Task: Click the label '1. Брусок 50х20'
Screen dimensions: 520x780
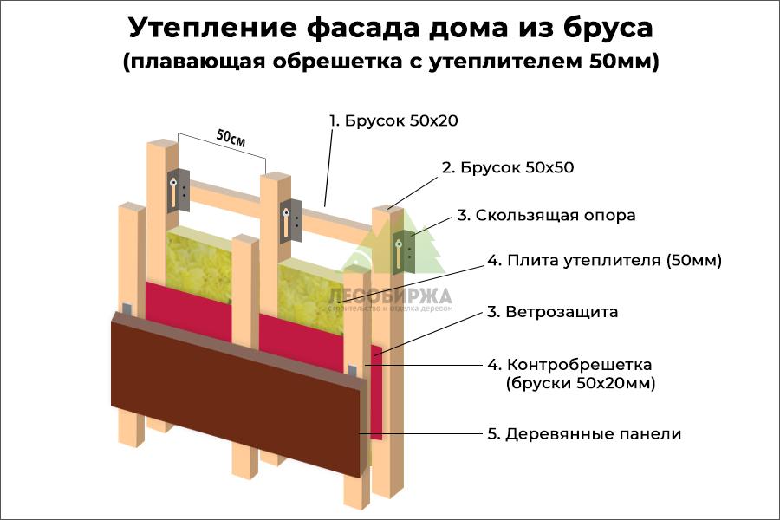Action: point(393,121)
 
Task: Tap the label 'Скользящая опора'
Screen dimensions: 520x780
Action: point(555,215)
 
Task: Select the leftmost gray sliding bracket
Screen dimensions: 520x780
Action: point(177,189)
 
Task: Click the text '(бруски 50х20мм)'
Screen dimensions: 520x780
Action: point(580,383)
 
